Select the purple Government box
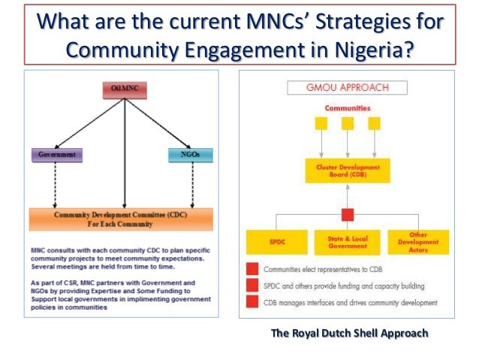point(56,156)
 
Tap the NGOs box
point(191,156)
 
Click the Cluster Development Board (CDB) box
point(348,171)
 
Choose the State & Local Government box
point(347,242)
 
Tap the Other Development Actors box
point(419,241)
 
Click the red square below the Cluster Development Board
point(348,214)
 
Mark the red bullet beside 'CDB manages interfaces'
point(252,302)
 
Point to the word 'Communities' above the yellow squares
point(348,108)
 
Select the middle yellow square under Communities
point(348,124)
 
